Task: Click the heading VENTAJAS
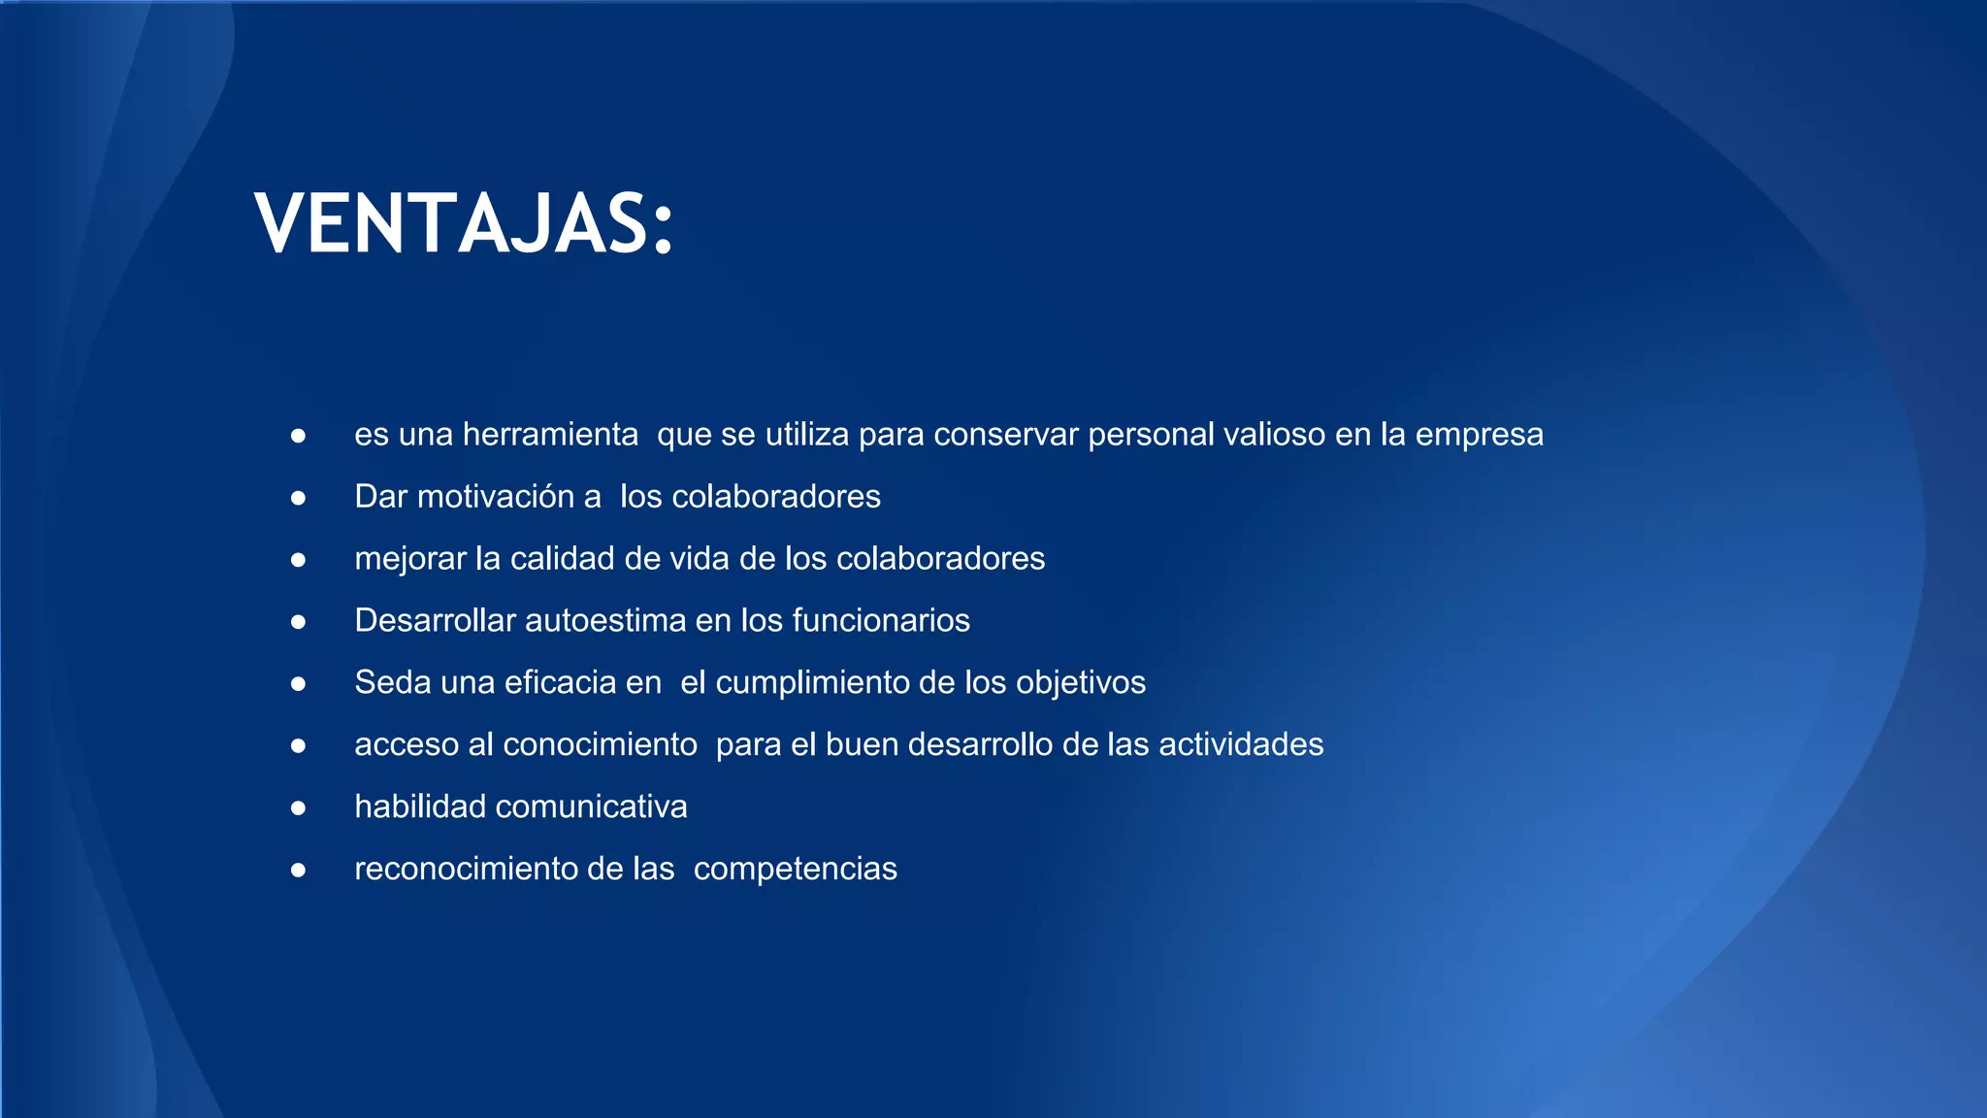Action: (464, 224)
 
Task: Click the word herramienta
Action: (550, 435)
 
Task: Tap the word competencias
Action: (795, 870)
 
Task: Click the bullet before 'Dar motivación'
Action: (299, 498)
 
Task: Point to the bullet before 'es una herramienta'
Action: (299, 436)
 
